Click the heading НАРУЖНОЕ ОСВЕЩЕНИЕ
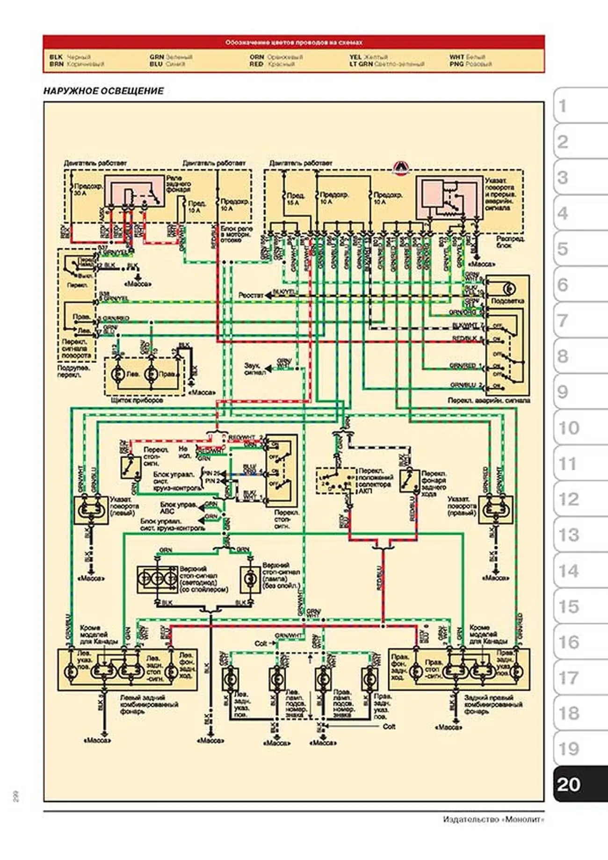pyautogui.click(x=103, y=91)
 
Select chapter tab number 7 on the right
pyautogui.click(x=563, y=321)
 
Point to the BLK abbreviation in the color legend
pyautogui.click(x=56, y=57)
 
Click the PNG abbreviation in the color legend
pyautogui.click(x=456, y=64)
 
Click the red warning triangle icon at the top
pyautogui.click(x=400, y=167)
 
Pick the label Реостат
pyautogui.click(x=251, y=296)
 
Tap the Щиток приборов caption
pyautogui.click(x=137, y=400)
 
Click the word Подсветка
pyautogui.click(x=508, y=301)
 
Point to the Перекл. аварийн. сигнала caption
pyautogui.click(x=489, y=401)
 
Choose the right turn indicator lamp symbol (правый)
pyautogui.click(x=496, y=508)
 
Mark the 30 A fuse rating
pyautogui.click(x=80, y=193)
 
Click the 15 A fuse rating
pyautogui.click(x=293, y=202)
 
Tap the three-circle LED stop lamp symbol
pyautogui.click(x=158, y=579)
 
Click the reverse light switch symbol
pyautogui.click(x=409, y=481)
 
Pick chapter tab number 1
pyautogui.click(x=563, y=107)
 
